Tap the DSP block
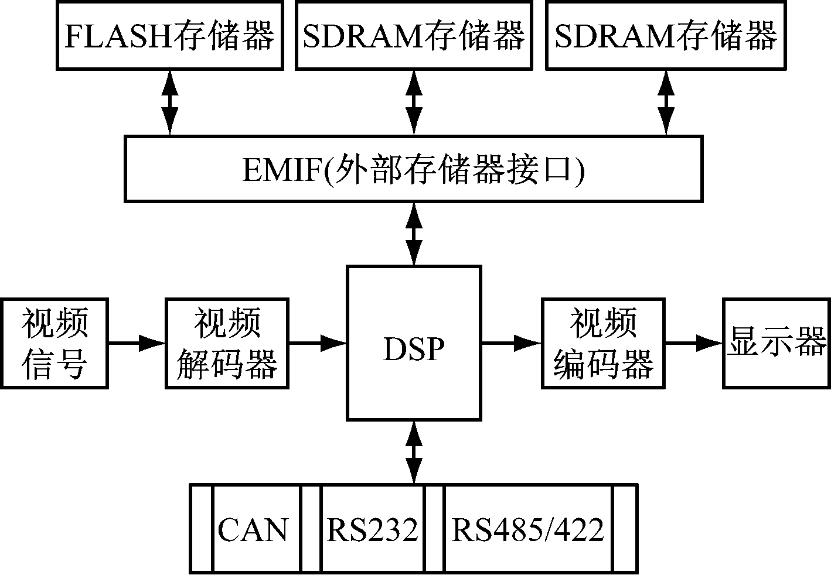pos(414,343)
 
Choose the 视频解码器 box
pos(227,344)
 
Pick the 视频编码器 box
pos(603,344)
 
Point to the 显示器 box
pos(776,344)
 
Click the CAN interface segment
pos(253,529)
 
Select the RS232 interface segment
pos(373,529)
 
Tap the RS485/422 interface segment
pos(527,529)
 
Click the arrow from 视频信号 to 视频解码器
pos(137,343)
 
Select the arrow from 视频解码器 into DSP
pos(317,343)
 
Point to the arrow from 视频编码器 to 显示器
pos(694,343)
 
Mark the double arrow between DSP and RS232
pos(414,451)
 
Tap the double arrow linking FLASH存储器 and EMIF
pos(170,103)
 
